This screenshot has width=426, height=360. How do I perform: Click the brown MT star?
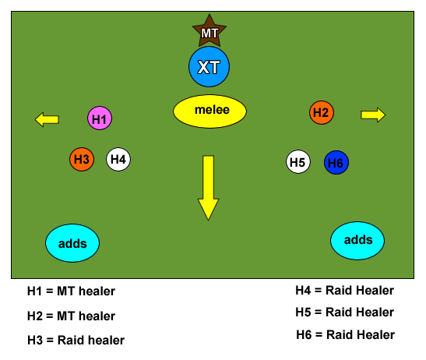[x=209, y=32]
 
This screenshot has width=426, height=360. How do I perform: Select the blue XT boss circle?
[x=209, y=66]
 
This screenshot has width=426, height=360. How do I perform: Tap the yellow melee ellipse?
[x=209, y=111]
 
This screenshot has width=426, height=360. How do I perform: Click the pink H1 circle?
[x=100, y=118]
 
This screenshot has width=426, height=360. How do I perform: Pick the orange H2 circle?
[x=322, y=112]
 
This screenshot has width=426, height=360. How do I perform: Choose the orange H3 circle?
[x=82, y=159]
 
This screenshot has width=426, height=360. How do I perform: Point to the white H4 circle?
[x=118, y=159]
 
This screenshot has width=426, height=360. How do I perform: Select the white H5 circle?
[x=298, y=161]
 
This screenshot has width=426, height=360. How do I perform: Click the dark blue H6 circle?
[x=336, y=162]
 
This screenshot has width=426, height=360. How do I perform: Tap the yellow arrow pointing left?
[x=47, y=119]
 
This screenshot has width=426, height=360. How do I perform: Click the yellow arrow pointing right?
[x=373, y=115]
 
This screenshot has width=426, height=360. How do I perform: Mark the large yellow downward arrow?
[x=209, y=188]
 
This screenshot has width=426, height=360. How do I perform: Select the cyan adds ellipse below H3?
[x=72, y=243]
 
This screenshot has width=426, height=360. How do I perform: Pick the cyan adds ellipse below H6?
[x=357, y=241]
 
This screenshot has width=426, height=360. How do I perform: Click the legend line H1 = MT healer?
[x=71, y=291]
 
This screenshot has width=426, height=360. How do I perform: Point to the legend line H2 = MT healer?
[x=71, y=316]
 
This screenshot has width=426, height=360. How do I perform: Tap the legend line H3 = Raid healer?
[x=76, y=341]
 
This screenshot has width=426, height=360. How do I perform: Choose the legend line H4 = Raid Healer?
[x=345, y=291]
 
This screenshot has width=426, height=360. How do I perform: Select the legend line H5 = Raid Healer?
[x=345, y=312]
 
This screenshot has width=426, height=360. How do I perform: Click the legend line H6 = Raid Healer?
[x=345, y=335]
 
